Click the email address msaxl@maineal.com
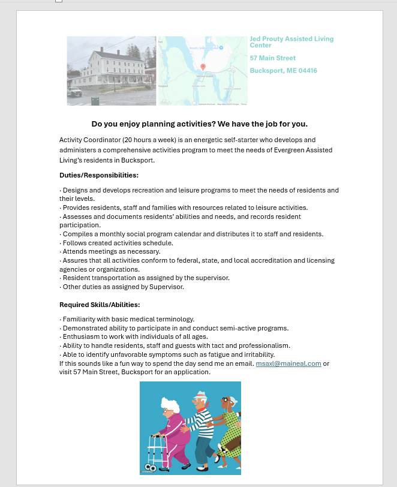coord(288,363)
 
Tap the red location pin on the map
coord(203,67)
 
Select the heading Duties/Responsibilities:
coord(99,175)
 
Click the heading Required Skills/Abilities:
coord(100,305)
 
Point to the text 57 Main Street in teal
coord(273,58)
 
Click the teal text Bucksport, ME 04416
coord(283,71)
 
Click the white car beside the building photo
coord(74,92)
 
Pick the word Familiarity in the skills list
coord(79,319)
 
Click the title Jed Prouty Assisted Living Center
coord(291,42)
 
